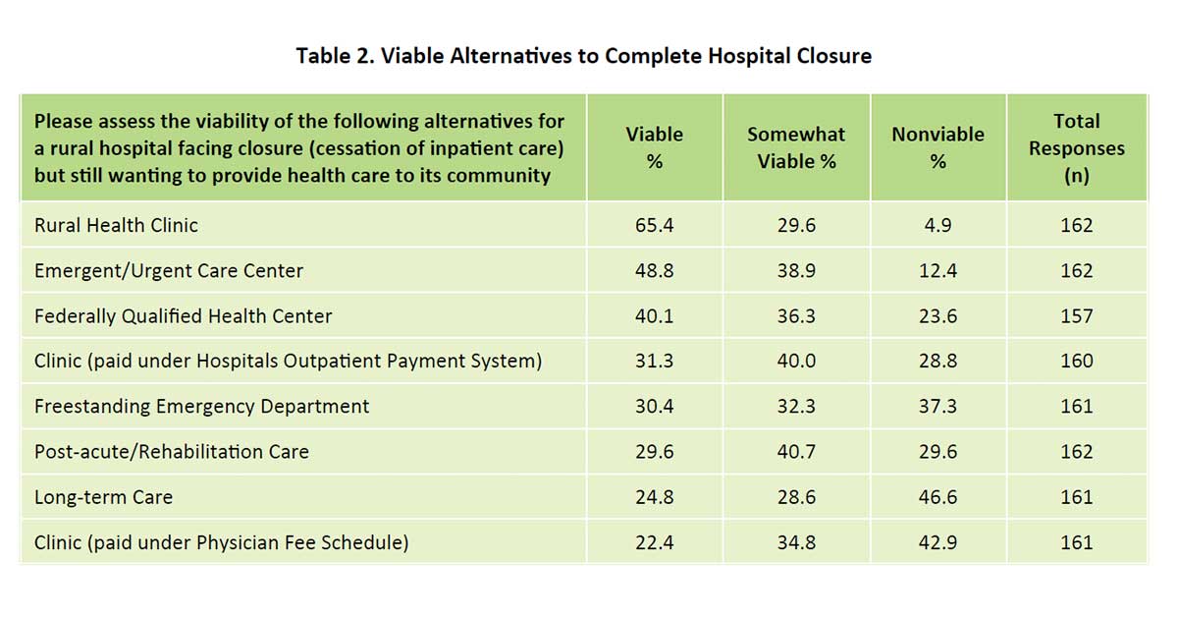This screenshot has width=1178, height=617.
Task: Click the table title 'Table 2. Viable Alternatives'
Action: [x=583, y=56]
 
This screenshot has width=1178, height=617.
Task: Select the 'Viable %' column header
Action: [x=655, y=147]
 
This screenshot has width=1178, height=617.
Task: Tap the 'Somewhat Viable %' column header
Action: [x=796, y=147]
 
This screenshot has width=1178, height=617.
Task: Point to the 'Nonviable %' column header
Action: [x=937, y=147]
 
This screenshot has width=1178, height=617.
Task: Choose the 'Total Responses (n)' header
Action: [x=1076, y=148]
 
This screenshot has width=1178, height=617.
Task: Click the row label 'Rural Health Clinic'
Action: [x=116, y=225]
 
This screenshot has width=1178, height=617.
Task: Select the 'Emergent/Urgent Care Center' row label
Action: [x=169, y=270]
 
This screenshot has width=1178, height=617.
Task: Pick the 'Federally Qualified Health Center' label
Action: [x=183, y=316]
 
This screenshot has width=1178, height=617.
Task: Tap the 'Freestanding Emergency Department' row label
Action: [x=201, y=406]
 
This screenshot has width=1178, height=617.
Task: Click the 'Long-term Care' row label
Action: [x=103, y=497]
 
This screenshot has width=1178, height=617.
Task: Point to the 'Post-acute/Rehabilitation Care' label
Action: [x=171, y=452]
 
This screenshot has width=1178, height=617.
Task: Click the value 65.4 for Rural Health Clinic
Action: [x=655, y=225]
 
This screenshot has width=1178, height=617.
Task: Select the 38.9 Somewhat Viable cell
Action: [x=796, y=270]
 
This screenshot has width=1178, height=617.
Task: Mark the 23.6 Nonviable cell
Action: [x=937, y=316]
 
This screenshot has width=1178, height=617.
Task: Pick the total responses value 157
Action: [x=1076, y=316]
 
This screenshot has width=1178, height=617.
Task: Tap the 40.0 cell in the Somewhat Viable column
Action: [x=796, y=361]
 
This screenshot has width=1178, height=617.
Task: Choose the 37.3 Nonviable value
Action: [x=937, y=406]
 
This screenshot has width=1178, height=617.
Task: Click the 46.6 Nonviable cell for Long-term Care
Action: [x=937, y=497]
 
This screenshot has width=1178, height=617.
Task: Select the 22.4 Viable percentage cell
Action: [x=655, y=542]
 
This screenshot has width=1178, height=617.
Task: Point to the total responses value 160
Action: [x=1076, y=361]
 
